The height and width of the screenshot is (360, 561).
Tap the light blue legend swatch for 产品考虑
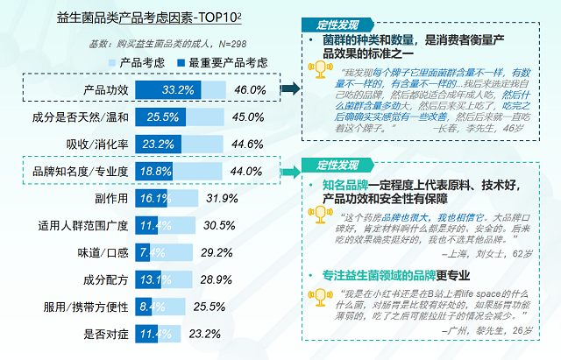tap(111, 63)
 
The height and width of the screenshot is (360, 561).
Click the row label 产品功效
tap(106, 90)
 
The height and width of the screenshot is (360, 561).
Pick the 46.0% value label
tap(250, 90)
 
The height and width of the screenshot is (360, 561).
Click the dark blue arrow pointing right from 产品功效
tap(290, 88)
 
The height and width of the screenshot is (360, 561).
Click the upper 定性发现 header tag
tap(334, 25)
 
